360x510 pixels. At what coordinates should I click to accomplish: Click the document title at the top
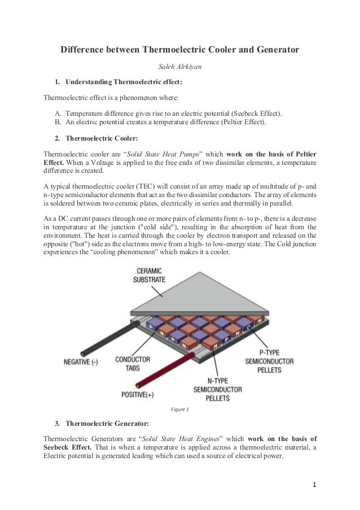click(x=179, y=50)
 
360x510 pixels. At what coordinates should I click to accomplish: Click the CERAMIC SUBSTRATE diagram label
click(x=149, y=274)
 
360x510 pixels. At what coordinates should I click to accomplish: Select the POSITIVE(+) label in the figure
click(x=138, y=394)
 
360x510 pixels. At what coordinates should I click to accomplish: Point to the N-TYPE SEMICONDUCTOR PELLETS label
click(x=218, y=390)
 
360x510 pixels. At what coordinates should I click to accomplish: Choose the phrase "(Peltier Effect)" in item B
click(x=240, y=121)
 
